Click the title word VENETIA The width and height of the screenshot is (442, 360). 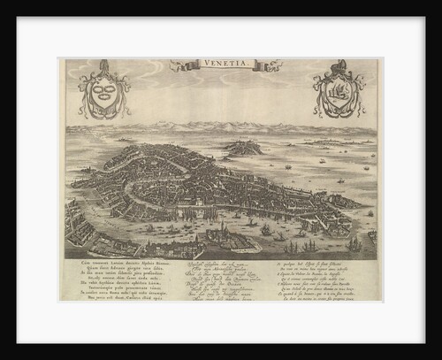(x=222, y=65)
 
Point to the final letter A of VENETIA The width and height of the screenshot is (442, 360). (x=237, y=65)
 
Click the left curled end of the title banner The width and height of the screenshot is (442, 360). (x=177, y=65)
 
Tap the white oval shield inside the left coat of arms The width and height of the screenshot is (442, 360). (x=103, y=91)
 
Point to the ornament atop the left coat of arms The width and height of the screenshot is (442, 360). (x=103, y=65)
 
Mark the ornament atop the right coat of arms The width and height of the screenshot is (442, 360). (x=339, y=65)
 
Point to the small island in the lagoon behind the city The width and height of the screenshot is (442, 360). (x=244, y=149)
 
